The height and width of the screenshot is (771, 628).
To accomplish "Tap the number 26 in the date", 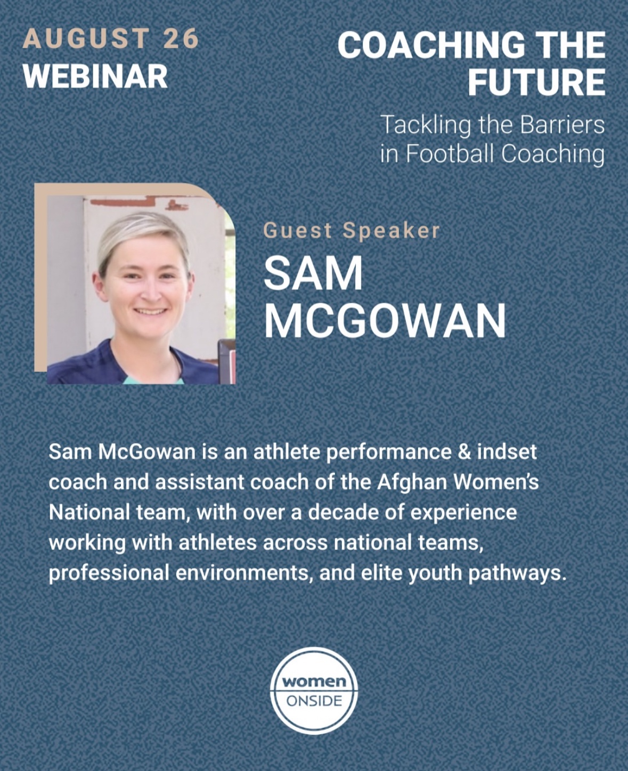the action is [181, 38].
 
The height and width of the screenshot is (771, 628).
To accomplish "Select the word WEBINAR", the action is [95, 76].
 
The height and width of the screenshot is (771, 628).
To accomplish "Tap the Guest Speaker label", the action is [351, 230].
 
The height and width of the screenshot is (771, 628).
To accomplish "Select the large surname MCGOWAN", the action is [385, 321].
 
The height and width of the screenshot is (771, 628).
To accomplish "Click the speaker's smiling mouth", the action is [150, 312].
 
